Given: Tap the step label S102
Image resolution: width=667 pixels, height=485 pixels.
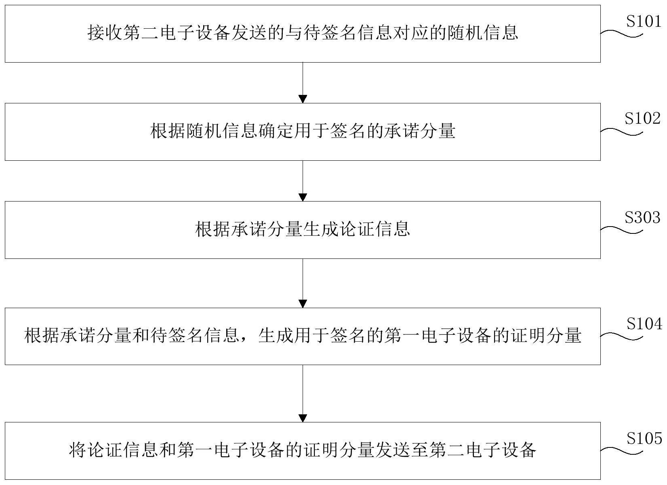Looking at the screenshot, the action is (643, 118).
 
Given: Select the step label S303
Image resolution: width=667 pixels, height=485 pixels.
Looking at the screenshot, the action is (643, 217).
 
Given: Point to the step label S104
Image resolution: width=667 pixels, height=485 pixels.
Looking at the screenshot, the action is (644, 323).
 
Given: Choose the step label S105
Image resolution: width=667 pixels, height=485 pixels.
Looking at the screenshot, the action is (644, 439).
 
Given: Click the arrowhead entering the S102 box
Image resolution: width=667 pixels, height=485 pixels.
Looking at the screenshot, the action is (303, 99).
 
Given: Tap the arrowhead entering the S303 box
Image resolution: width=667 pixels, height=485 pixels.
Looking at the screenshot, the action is (303, 197).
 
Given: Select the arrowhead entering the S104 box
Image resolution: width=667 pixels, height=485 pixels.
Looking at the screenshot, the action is (303, 304).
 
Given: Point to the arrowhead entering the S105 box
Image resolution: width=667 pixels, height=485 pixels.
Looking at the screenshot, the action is (303, 418).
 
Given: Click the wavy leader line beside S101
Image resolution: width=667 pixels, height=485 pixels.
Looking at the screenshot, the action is (621, 34).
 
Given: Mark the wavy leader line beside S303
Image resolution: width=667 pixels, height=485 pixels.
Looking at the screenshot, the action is (621, 230).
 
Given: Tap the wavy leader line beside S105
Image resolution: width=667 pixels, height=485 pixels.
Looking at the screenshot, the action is (621, 451).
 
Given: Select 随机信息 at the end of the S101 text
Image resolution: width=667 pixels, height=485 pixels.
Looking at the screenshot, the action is (482, 32).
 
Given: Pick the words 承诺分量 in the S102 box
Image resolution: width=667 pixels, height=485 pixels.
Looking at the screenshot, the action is (420, 131).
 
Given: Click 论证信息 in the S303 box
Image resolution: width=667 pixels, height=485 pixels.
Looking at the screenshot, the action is (375, 229).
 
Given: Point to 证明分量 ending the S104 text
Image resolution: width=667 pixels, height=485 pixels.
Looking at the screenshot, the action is (546, 335).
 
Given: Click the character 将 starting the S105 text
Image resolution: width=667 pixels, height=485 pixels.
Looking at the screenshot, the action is (78, 450).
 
